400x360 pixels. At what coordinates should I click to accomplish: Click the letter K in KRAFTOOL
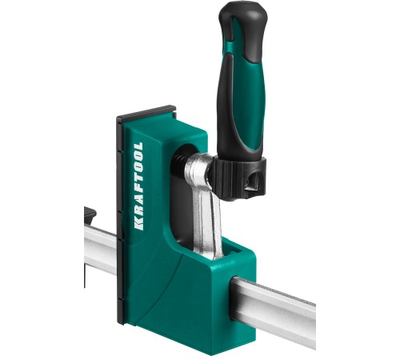click(x=139, y=225)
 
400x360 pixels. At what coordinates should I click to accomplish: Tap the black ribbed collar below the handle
click(x=239, y=178)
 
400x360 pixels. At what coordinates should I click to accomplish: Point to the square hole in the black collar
click(x=252, y=182)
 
